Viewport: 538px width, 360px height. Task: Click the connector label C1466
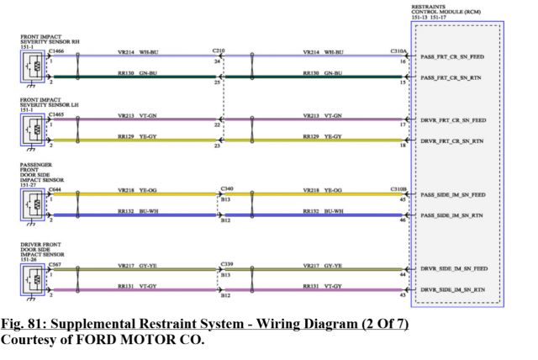click(x=56, y=51)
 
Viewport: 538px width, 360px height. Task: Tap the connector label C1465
click(x=56, y=114)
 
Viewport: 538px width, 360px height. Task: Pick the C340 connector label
click(x=226, y=189)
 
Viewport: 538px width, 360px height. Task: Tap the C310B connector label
click(x=398, y=189)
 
